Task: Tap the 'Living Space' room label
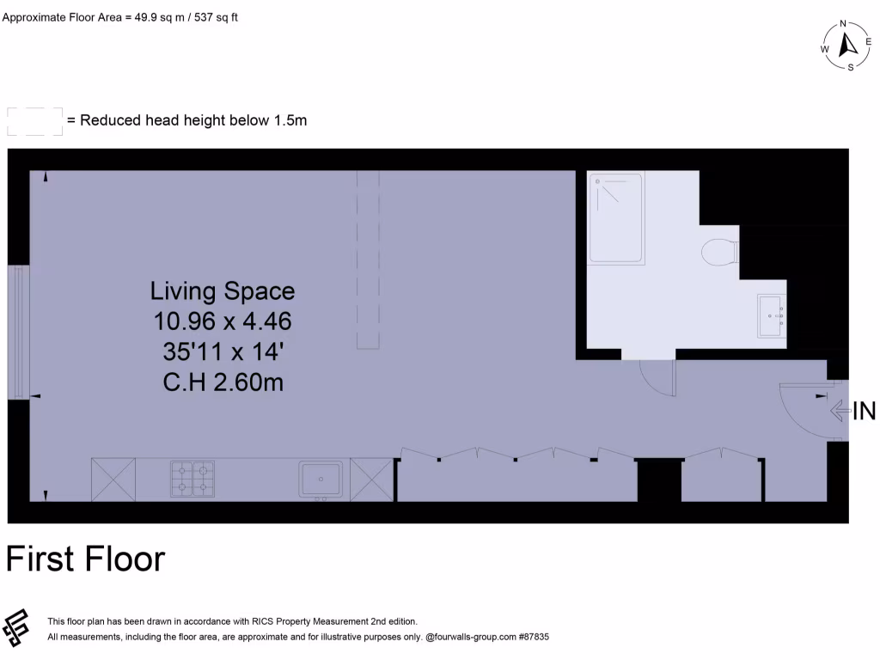point(223,290)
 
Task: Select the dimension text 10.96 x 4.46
point(223,321)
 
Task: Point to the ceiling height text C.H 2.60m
point(223,382)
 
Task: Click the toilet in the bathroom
point(720,254)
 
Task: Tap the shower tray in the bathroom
point(615,218)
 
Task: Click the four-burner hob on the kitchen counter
point(192,479)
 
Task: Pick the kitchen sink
point(321,479)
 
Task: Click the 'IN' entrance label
point(864,412)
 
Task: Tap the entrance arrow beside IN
point(839,412)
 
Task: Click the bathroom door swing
point(658,377)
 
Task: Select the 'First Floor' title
point(85,559)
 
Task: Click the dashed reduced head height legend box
point(34,121)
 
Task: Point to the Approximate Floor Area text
point(119,16)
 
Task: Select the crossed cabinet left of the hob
point(113,479)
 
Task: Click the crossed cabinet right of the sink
point(370,479)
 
